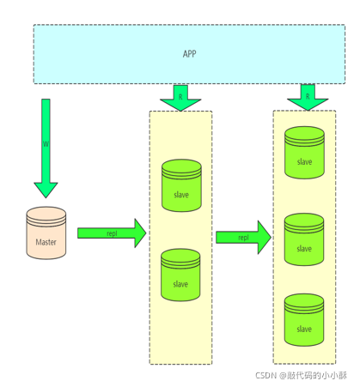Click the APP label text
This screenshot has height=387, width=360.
pyautogui.click(x=189, y=54)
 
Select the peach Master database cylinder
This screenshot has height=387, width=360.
pyautogui.click(x=46, y=233)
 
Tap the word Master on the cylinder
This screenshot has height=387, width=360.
pyautogui.click(x=46, y=242)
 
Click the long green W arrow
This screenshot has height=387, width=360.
pyautogui.click(x=46, y=148)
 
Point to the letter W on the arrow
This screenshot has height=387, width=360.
pyautogui.click(x=46, y=144)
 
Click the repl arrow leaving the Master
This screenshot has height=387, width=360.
pyautogui.click(x=112, y=233)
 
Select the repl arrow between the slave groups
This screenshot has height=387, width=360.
pyautogui.click(x=243, y=238)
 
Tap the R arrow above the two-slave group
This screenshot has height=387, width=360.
pyautogui.click(x=180, y=98)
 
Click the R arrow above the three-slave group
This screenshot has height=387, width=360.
pyautogui.click(x=308, y=97)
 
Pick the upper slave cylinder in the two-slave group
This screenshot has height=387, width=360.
pyautogui.click(x=181, y=185)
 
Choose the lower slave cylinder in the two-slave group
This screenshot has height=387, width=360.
pyautogui.click(x=180, y=275)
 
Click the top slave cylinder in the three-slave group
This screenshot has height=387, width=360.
pyautogui.click(x=304, y=153)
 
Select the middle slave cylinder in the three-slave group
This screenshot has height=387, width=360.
pyautogui.click(x=304, y=239)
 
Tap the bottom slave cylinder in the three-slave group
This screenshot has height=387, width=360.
pyautogui.click(x=304, y=320)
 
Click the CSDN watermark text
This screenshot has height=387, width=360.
pyautogui.click(x=302, y=375)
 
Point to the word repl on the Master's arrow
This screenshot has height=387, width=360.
pyautogui.click(x=112, y=233)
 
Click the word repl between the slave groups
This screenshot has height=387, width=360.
pyautogui.click(x=243, y=238)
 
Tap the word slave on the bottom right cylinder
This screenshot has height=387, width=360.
pyautogui.click(x=304, y=329)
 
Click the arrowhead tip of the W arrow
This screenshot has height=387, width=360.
pyautogui.click(x=46, y=198)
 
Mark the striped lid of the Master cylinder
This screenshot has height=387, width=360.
pyautogui.click(x=46, y=216)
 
